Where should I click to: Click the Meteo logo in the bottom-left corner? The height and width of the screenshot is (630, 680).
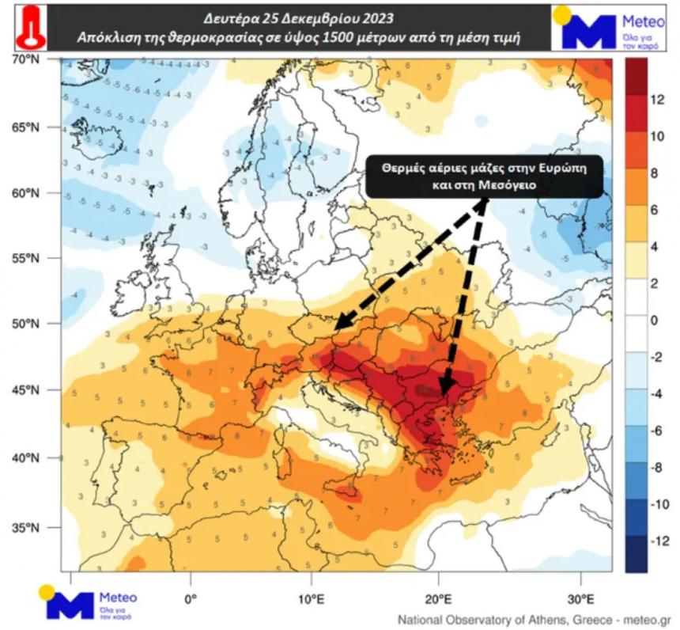[x=88, y=604]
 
